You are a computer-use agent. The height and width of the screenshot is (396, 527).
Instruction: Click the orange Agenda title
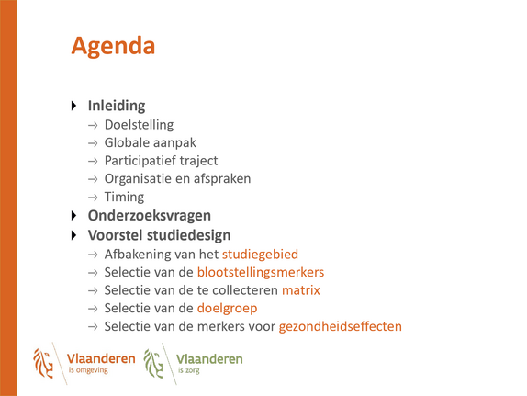[113, 47]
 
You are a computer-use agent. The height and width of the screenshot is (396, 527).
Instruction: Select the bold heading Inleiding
[117, 106]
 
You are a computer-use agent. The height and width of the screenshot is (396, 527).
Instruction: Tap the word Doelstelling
[140, 125]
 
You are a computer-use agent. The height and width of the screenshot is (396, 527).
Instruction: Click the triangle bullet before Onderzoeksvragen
[74, 216]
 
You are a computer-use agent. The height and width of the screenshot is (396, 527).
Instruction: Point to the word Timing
[124, 198]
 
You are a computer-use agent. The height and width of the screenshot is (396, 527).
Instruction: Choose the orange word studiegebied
[260, 255]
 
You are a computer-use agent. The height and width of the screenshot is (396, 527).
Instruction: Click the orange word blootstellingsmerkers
[261, 272]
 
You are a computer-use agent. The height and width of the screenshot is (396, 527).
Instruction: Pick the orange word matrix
[301, 290]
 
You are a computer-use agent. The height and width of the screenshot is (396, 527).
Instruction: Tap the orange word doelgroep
[227, 309]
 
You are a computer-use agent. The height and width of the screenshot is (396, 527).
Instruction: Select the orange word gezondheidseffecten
[341, 327]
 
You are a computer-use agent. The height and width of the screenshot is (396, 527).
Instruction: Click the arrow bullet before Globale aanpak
[93, 143]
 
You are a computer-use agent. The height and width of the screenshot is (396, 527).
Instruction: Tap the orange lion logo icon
[43, 363]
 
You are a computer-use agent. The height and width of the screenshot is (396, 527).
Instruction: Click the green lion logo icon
[153, 363]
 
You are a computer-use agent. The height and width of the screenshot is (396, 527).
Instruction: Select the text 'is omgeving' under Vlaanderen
[88, 370]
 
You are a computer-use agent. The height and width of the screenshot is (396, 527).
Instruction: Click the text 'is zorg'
[188, 371]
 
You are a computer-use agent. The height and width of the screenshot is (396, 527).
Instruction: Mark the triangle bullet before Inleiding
[74, 106]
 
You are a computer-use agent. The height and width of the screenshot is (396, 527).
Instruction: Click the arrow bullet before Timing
[93, 198]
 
